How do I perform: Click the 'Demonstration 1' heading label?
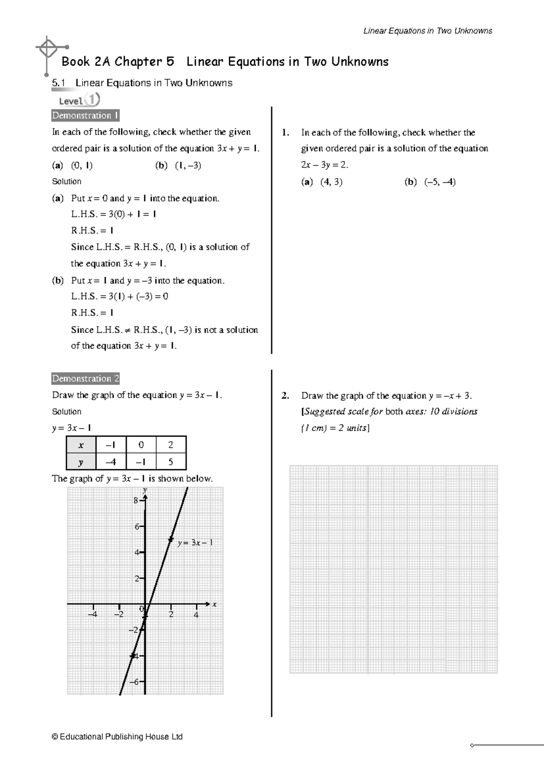pos(85,116)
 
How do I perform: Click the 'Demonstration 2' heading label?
pos(85,379)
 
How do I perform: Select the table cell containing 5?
pos(170,462)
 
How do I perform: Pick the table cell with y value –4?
pos(111,462)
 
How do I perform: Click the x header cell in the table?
pos(81,445)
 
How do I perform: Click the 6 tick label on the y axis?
pos(136,526)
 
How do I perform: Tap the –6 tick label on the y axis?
pos(135,681)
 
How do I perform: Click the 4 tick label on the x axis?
pos(196,615)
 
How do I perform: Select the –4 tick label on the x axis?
pos(92,615)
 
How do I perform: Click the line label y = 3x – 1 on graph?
pos(195,543)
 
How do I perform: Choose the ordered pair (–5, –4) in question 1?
pos(440,182)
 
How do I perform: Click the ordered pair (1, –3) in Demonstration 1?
pos(188,165)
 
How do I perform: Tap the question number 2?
pos(285,395)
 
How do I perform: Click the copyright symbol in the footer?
pos(55,737)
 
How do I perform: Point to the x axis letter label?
pos(215,604)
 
